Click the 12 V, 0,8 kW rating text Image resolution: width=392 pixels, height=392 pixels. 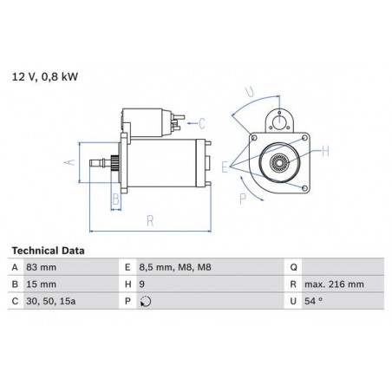pos(45,77)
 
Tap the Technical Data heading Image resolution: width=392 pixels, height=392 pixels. pos(48,251)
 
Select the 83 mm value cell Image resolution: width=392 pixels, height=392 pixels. pos(42,267)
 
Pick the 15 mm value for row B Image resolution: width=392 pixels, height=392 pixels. pos(42,284)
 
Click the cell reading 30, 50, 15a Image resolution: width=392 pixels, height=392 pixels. pos(51,301)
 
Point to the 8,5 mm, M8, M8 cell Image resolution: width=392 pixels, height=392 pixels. pos(175,267)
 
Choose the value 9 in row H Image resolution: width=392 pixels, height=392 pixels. pos(141,284)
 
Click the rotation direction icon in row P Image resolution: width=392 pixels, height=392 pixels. pos(146,302)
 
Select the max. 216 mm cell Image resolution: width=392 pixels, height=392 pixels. pos(334,284)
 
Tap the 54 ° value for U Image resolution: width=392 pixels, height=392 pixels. pos(313,301)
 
